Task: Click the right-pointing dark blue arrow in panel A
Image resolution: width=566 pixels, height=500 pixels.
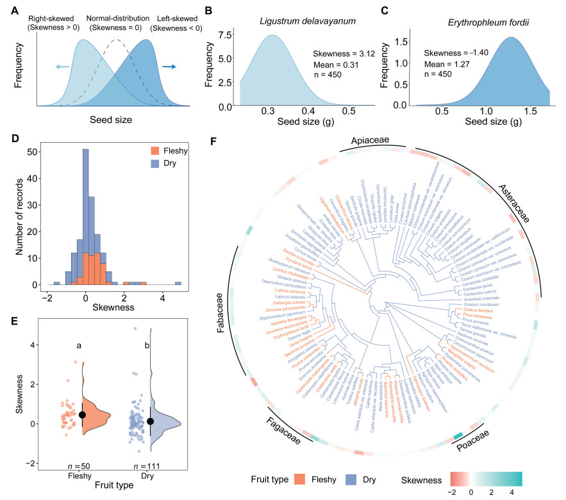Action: point(170,65)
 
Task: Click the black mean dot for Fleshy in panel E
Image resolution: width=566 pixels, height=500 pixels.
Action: point(82,415)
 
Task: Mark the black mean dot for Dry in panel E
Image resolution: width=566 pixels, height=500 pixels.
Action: point(150,421)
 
